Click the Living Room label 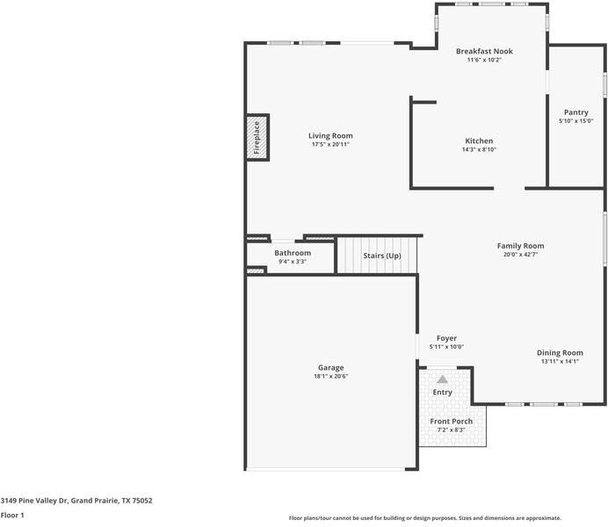[x=330, y=135]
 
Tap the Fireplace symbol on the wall [x=257, y=138]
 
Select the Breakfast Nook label [x=484, y=51]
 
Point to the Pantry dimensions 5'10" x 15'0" [x=576, y=121]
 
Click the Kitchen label [x=479, y=141]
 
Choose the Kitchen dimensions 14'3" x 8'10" [x=479, y=149]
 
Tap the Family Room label [x=521, y=246]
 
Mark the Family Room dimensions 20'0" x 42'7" [x=521, y=255]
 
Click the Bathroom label [x=293, y=253]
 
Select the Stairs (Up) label [x=382, y=256]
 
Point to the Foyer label [x=446, y=338]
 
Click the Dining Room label [x=560, y=352]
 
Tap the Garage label [x=330, y=367]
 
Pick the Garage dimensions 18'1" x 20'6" [x=330, y=376]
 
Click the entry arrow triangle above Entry [x=442, y=379]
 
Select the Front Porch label [x=451, y=422]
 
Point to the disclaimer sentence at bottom [x=424, y=518]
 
